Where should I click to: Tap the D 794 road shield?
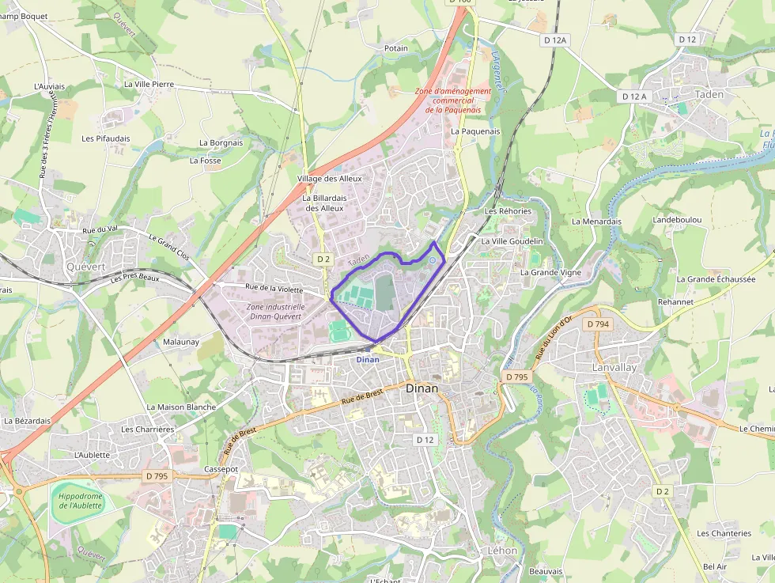click(598, 324)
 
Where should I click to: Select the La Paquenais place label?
click(475, 131)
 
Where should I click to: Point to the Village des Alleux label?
click(329, 179)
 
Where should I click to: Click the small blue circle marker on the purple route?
click(433, 260)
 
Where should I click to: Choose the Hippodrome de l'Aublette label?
click(80, 500)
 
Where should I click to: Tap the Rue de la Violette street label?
click(274, 290)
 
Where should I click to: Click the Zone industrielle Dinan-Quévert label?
click(275, 312)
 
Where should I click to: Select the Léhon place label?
click(502, 551)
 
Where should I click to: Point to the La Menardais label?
click(596, 221)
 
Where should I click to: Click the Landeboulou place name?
click(678, 219)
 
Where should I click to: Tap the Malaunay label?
click(181, 342)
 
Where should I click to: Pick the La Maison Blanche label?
click(181, 407)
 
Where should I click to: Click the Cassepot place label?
click(221, 469)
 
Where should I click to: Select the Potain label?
click(396, 48)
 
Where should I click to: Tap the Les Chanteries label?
click(724, 533)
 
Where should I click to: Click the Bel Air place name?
click(714, 566)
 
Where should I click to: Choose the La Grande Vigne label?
click(550, 272)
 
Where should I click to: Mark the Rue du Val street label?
click(100, 229)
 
